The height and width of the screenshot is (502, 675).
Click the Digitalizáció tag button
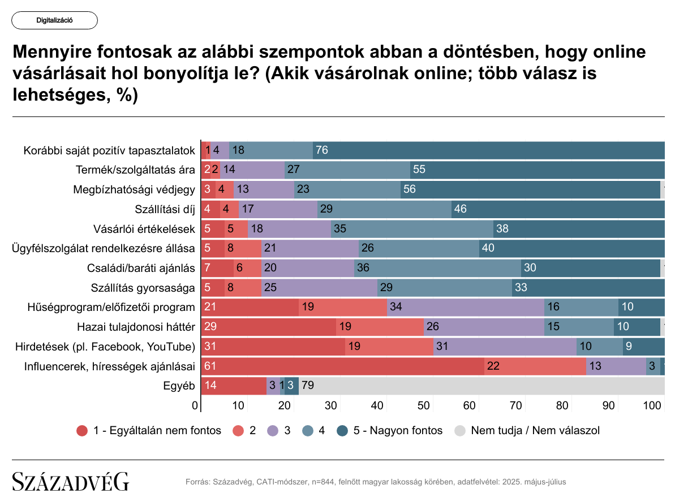pos(54,20)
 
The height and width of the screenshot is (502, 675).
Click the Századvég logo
pos(71,482)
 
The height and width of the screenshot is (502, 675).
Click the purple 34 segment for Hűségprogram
pos(466,308)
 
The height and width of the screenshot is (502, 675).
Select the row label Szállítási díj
pos(165,209)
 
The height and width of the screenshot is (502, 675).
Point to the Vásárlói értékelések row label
pos(144,229)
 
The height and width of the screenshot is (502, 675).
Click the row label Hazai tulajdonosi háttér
pos(136,327)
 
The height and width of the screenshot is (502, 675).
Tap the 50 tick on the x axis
pos(423,406)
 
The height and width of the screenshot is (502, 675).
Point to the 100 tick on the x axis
pos(653,406)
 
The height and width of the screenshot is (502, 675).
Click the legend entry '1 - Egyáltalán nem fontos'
pos(149,431)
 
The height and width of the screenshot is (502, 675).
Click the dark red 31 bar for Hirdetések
pos(273,347)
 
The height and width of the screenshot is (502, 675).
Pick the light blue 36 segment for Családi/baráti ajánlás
pos(437,268)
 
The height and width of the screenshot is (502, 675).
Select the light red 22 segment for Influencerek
pos(535,366)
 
